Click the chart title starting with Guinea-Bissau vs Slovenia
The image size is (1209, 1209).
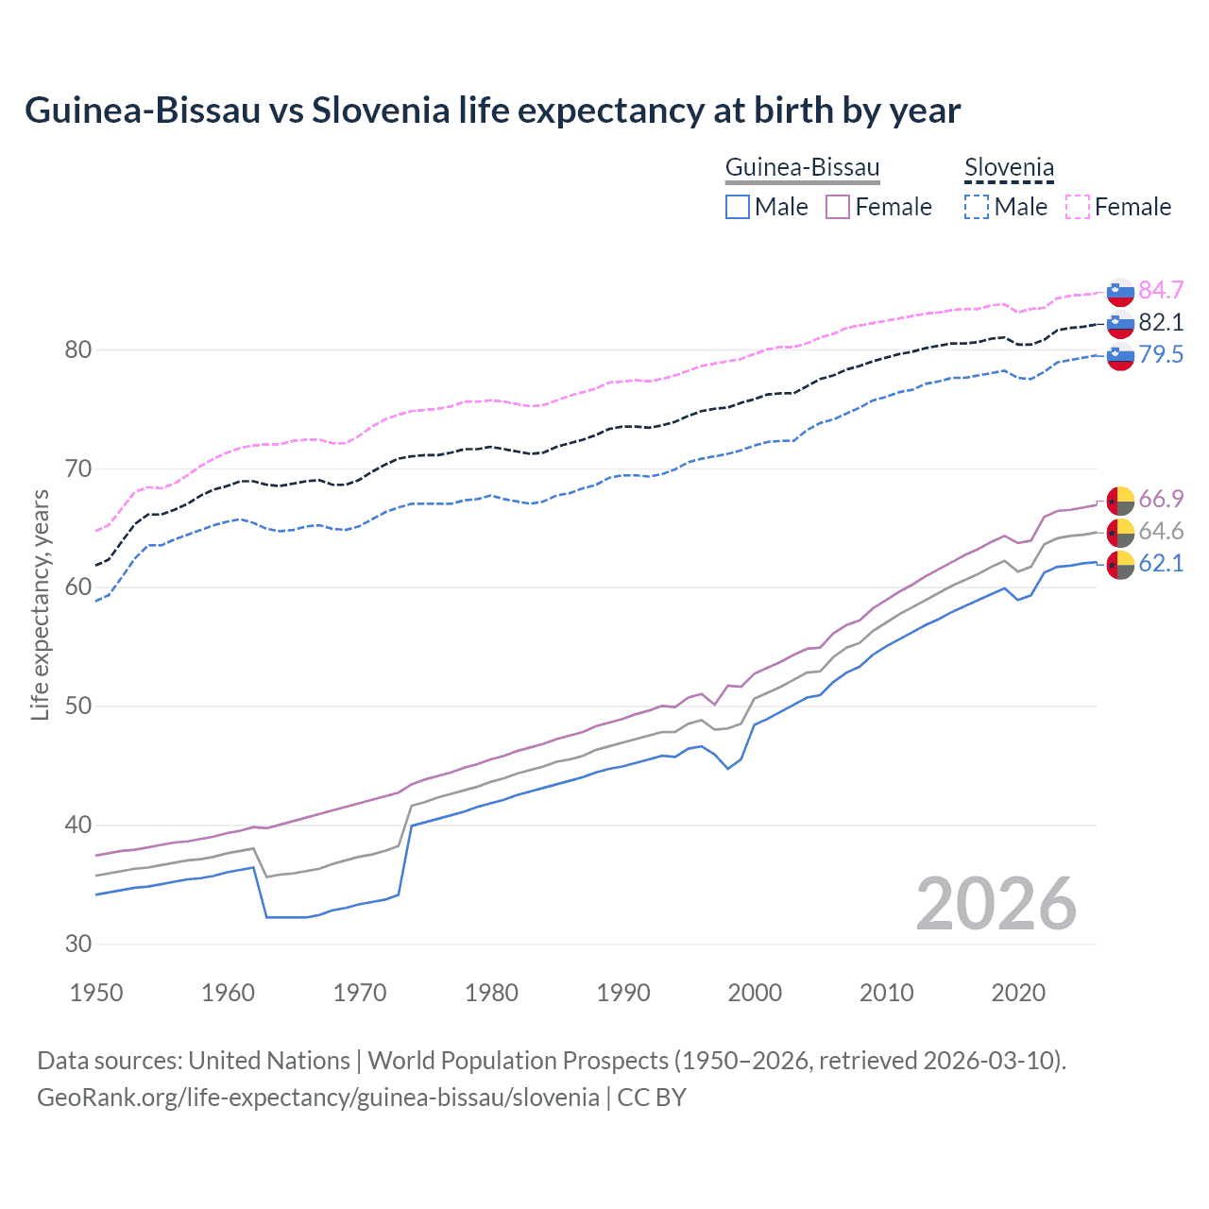click(x=492, y=111)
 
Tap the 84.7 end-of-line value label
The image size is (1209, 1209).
click(x=1161, y=290)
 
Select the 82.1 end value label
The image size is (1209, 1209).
click(x=1161, y=322)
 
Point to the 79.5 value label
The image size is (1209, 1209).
click(x=1161, y=354)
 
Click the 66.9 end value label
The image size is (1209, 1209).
click(x=1161, y=499)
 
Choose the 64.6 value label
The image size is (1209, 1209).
click(x=1161, y=531)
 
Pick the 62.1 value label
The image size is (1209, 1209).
click(x=1161, y=564)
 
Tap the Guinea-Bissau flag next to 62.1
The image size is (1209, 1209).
click(x=1120, y=565)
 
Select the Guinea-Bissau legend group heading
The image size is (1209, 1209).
click(x=802, y=168)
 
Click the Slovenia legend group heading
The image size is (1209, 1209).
click(x=1009, y=168)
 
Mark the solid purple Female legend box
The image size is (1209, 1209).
click(x=838, y=207)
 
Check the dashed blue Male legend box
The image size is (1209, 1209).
click(x=977, y=207)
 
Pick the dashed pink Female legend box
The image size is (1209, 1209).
click(x=1078, y=207)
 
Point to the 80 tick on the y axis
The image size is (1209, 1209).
click(x=78, y=349)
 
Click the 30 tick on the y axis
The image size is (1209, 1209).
click(x=78, y=944)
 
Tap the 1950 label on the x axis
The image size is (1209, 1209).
click(x=96, y=993)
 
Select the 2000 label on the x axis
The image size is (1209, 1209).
click(x=755, y=993)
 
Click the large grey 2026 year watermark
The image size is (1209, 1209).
click(x=996, y=904)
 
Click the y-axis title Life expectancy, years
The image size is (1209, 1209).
click(x=41, y=604)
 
